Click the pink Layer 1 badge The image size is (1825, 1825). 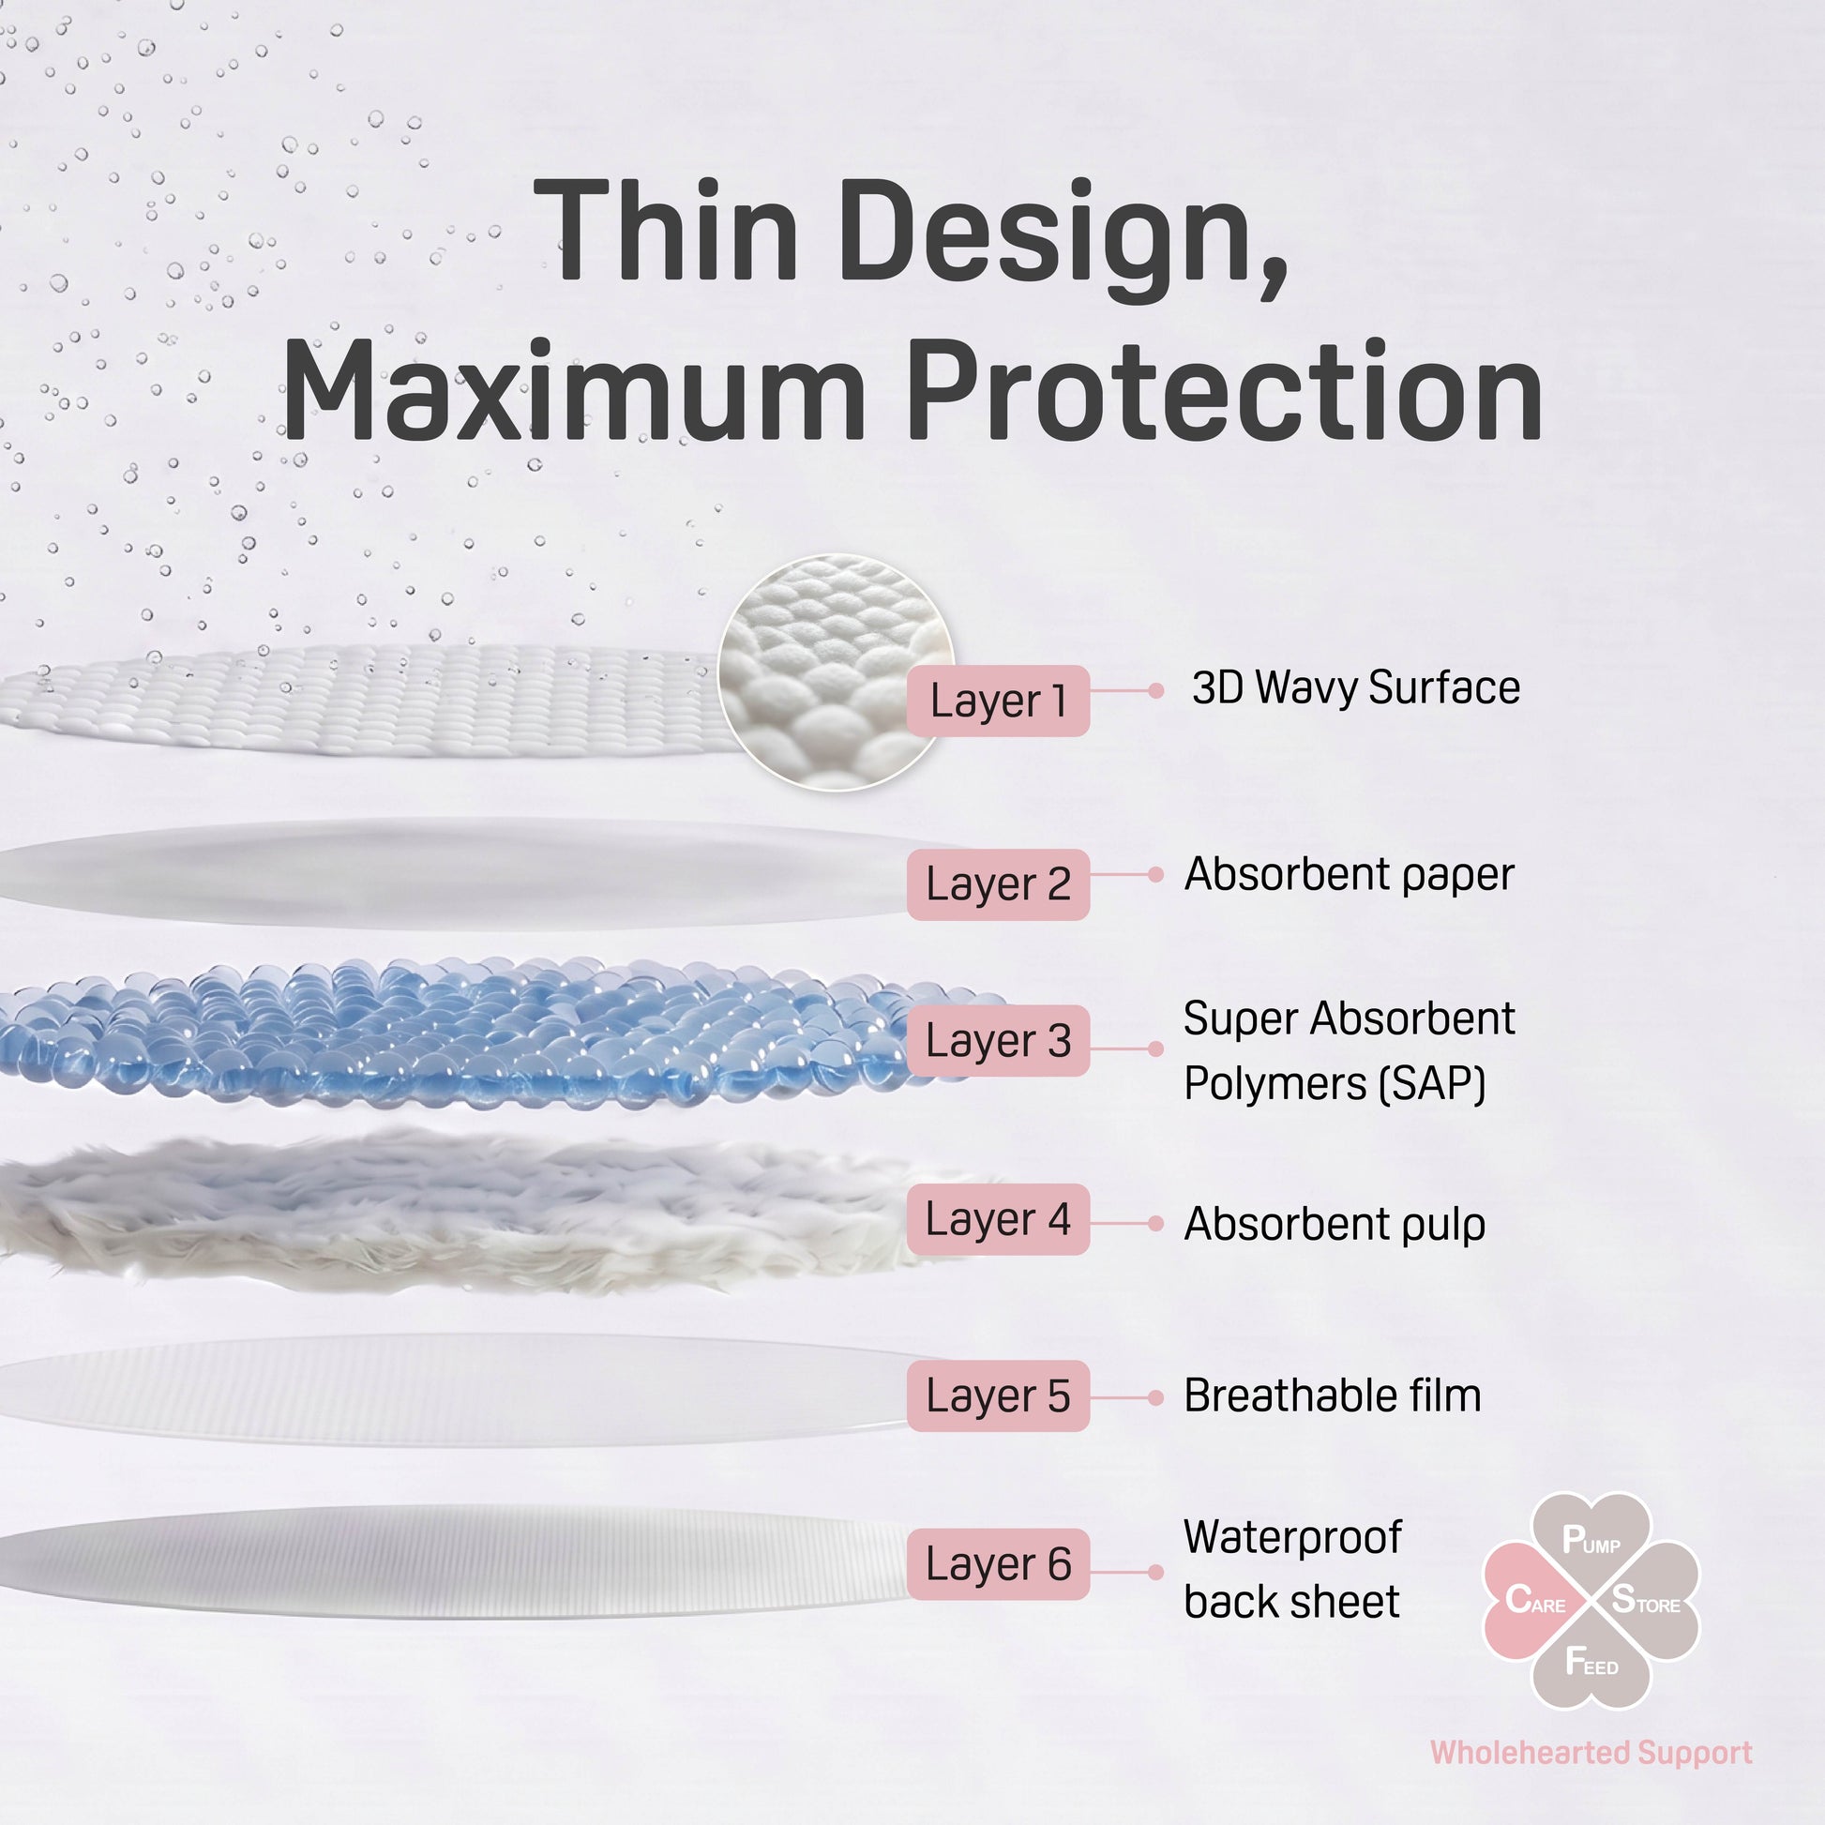[998, 701]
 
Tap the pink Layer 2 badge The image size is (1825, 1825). [998, 884]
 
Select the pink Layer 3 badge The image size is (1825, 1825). [998, 1040]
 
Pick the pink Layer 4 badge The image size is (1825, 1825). [998, 1218]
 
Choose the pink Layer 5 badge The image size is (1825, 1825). [998, 1395]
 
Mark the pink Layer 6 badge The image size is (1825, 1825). [998, 1563]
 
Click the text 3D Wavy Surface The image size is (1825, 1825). [1355, 686]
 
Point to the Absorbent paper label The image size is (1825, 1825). [1349, 875]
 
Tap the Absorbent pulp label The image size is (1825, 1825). [1335, 1224]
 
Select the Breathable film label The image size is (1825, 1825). [1333, 1395]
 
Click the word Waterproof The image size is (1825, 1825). [1292, 1538]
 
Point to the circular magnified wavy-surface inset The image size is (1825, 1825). [835, 672]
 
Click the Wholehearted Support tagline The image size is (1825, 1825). [1591, 1753]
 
